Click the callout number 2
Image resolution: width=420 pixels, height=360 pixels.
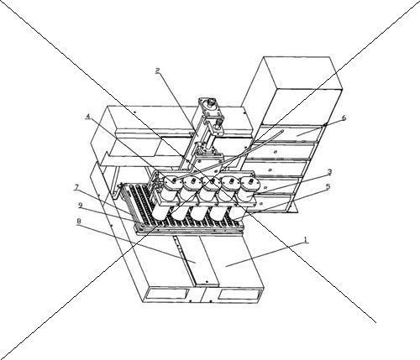[x=158, y=70]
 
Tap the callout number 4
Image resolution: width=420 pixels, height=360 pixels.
[x=88, y=117]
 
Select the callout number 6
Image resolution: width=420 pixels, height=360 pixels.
[x=344, y=117]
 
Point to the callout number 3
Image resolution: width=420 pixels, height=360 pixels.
[x=329, y=172]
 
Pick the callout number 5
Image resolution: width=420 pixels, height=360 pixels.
[x=328, y=186]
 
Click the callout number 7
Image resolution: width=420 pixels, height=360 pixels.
[x=76, y=188]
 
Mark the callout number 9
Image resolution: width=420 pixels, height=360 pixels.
[x=81, y=206]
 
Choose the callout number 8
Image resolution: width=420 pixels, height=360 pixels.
[x=79, y=222]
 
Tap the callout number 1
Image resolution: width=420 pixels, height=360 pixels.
[x=306, y=240]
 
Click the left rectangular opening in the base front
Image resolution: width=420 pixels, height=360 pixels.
[x=167, y=294]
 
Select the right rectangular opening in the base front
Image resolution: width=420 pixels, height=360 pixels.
[x=240, y=294]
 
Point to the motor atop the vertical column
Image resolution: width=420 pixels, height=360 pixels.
[x=211, y=106]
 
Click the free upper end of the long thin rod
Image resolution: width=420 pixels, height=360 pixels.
[x=283, y=130]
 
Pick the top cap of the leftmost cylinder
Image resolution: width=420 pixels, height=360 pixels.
[x=173, y=182]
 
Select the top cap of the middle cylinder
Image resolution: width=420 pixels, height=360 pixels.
[x=212, y=182]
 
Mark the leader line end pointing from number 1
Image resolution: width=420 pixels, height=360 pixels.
[x=226, y=266]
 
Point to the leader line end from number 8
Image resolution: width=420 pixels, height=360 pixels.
[x=196, y=263]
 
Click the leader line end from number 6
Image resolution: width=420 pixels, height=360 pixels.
[x=297, y=135]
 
